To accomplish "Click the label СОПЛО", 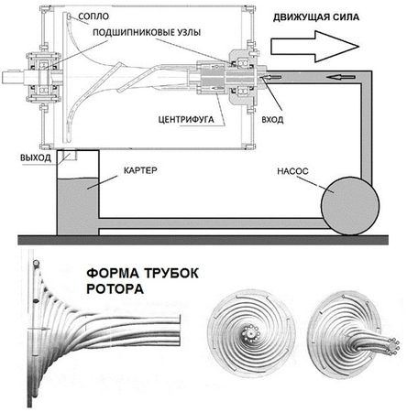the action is (x=93, y=16).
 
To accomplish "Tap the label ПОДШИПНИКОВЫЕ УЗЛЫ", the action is (x=147, y=32).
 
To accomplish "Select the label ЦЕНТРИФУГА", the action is (x=186, y=119).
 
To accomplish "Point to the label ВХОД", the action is (x=272, y=120).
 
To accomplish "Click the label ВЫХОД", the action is (x=36, y=157).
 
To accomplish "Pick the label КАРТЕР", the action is (x=140, y=170).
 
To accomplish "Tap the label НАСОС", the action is (x=292, y=171).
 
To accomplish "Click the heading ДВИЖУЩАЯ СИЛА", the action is (x=316, y=17).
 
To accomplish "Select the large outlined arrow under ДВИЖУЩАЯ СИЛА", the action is (x=314, y=47).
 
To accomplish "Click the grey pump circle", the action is (x=350, y=206).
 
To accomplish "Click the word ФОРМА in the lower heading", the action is (x=113, y=273).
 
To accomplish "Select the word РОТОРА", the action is (x=115, y=288).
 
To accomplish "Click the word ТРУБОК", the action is (x=171, y=273).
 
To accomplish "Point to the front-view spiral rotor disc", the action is (x=251, y=333).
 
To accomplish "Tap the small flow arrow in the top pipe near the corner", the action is (x=341, y=77).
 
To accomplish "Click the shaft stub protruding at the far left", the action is (x=12, y=77).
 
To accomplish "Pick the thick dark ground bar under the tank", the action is (x=203, y=240).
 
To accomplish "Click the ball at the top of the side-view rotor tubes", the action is (x=36, y=263).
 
